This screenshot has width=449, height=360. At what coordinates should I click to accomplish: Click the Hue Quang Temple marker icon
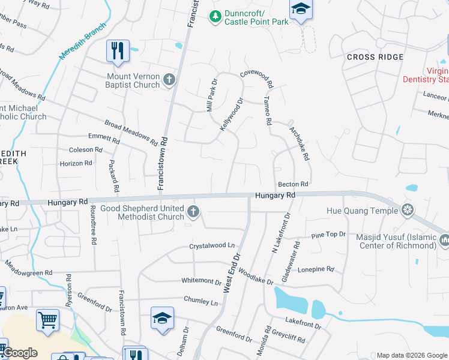click(408, 211)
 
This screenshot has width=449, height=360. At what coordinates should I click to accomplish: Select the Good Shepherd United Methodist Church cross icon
click(193, 211)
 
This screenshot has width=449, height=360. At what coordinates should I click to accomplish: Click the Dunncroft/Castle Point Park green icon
click(215, 16)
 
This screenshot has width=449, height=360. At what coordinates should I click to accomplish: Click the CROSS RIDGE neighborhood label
click(375, 57)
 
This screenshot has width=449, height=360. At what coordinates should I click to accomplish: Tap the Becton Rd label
click(292, 184)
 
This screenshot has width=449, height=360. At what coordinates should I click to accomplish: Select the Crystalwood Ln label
click(212, 245)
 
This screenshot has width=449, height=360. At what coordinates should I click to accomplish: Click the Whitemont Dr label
click(202, 281)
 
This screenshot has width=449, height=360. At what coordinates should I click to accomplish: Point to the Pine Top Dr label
click(329, 235)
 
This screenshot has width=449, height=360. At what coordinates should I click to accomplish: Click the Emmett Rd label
click(104, 138)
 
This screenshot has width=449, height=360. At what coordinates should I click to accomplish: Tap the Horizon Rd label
click(76, 163)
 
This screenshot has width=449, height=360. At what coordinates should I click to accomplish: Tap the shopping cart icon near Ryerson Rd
click(47, 319)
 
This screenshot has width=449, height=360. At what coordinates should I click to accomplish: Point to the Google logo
click(19, 353)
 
